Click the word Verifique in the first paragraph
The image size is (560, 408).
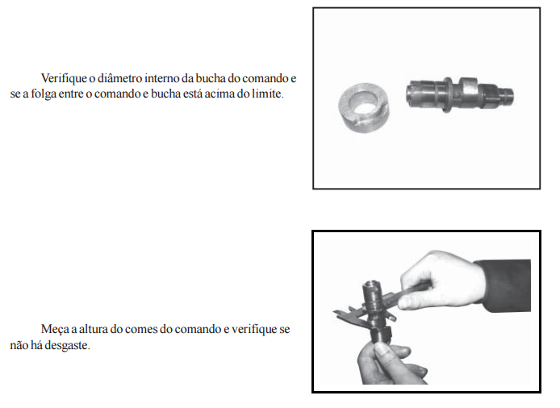(x=64, y=78)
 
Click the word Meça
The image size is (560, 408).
(x=55, y=330)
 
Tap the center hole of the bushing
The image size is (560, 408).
(x=364, y=102)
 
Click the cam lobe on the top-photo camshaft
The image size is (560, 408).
(x=468, y=90)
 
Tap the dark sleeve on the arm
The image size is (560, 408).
(x=504, y=285)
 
